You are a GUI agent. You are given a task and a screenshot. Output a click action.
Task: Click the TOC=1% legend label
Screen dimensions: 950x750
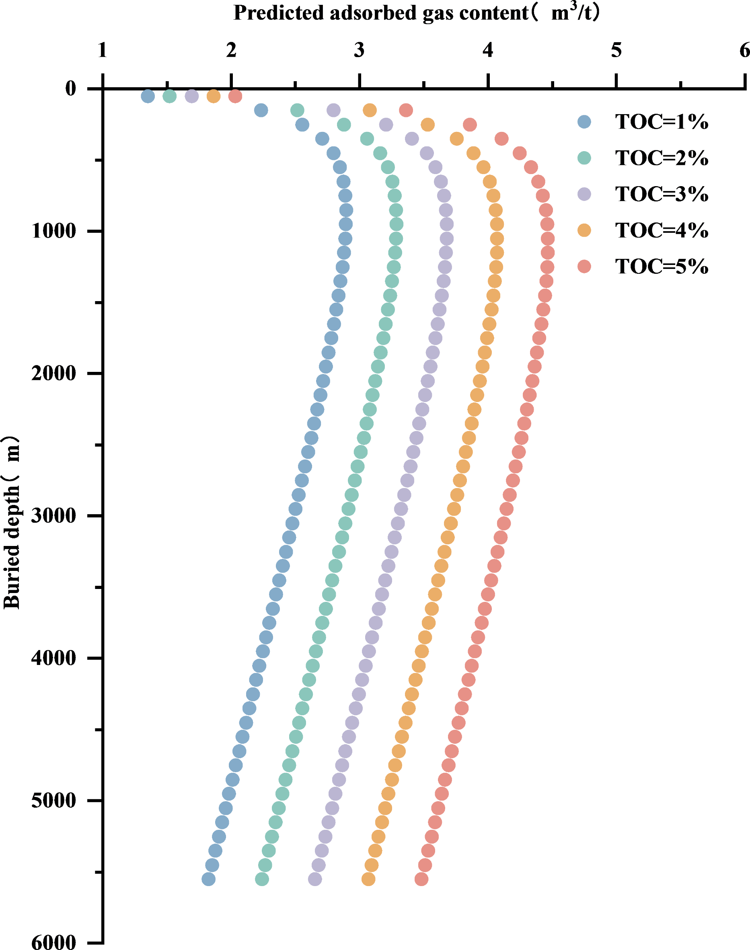(661, 121)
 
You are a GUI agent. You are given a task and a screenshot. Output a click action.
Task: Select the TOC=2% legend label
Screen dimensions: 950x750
(661, 158)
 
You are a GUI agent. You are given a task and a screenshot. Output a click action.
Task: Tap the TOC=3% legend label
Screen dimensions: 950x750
(661, 194)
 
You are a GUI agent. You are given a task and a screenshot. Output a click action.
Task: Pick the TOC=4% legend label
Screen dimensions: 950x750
(661, 230)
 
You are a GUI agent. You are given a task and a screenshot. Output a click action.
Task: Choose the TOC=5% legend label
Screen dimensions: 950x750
(661, 267)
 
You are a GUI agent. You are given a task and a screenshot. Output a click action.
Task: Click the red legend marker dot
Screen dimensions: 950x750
(584, 266)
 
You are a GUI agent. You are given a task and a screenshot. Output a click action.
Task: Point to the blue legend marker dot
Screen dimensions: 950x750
(584, 121)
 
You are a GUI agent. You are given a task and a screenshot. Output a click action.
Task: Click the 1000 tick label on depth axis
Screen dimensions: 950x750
(54, 231)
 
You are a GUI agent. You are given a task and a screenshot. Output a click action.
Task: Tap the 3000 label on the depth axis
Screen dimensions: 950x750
(54, 515)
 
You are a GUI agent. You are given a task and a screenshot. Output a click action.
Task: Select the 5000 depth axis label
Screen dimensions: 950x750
(54, 800)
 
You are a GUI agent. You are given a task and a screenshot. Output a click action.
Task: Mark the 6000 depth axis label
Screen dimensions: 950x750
(54, 942)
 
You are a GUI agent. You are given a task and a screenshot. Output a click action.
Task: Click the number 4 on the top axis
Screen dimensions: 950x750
(488, 51)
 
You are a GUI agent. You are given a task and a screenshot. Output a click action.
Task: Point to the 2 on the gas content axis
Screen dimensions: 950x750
(231, 51)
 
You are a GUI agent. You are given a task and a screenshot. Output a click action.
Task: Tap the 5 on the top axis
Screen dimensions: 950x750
(616, 51)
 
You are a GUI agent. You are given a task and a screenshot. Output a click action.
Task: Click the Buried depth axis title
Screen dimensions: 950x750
(12, 522)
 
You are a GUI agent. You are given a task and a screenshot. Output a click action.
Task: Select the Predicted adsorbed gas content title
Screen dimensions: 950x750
(416, 12)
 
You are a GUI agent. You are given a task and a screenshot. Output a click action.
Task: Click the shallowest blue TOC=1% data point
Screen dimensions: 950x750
(148, 96)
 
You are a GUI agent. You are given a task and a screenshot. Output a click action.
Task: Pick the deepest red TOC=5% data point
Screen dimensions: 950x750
(421, 879)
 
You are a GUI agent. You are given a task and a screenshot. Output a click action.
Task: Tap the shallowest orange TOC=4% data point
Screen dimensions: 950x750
(214, 96)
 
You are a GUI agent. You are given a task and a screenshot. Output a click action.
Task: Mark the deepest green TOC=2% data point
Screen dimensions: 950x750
(262, 879)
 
